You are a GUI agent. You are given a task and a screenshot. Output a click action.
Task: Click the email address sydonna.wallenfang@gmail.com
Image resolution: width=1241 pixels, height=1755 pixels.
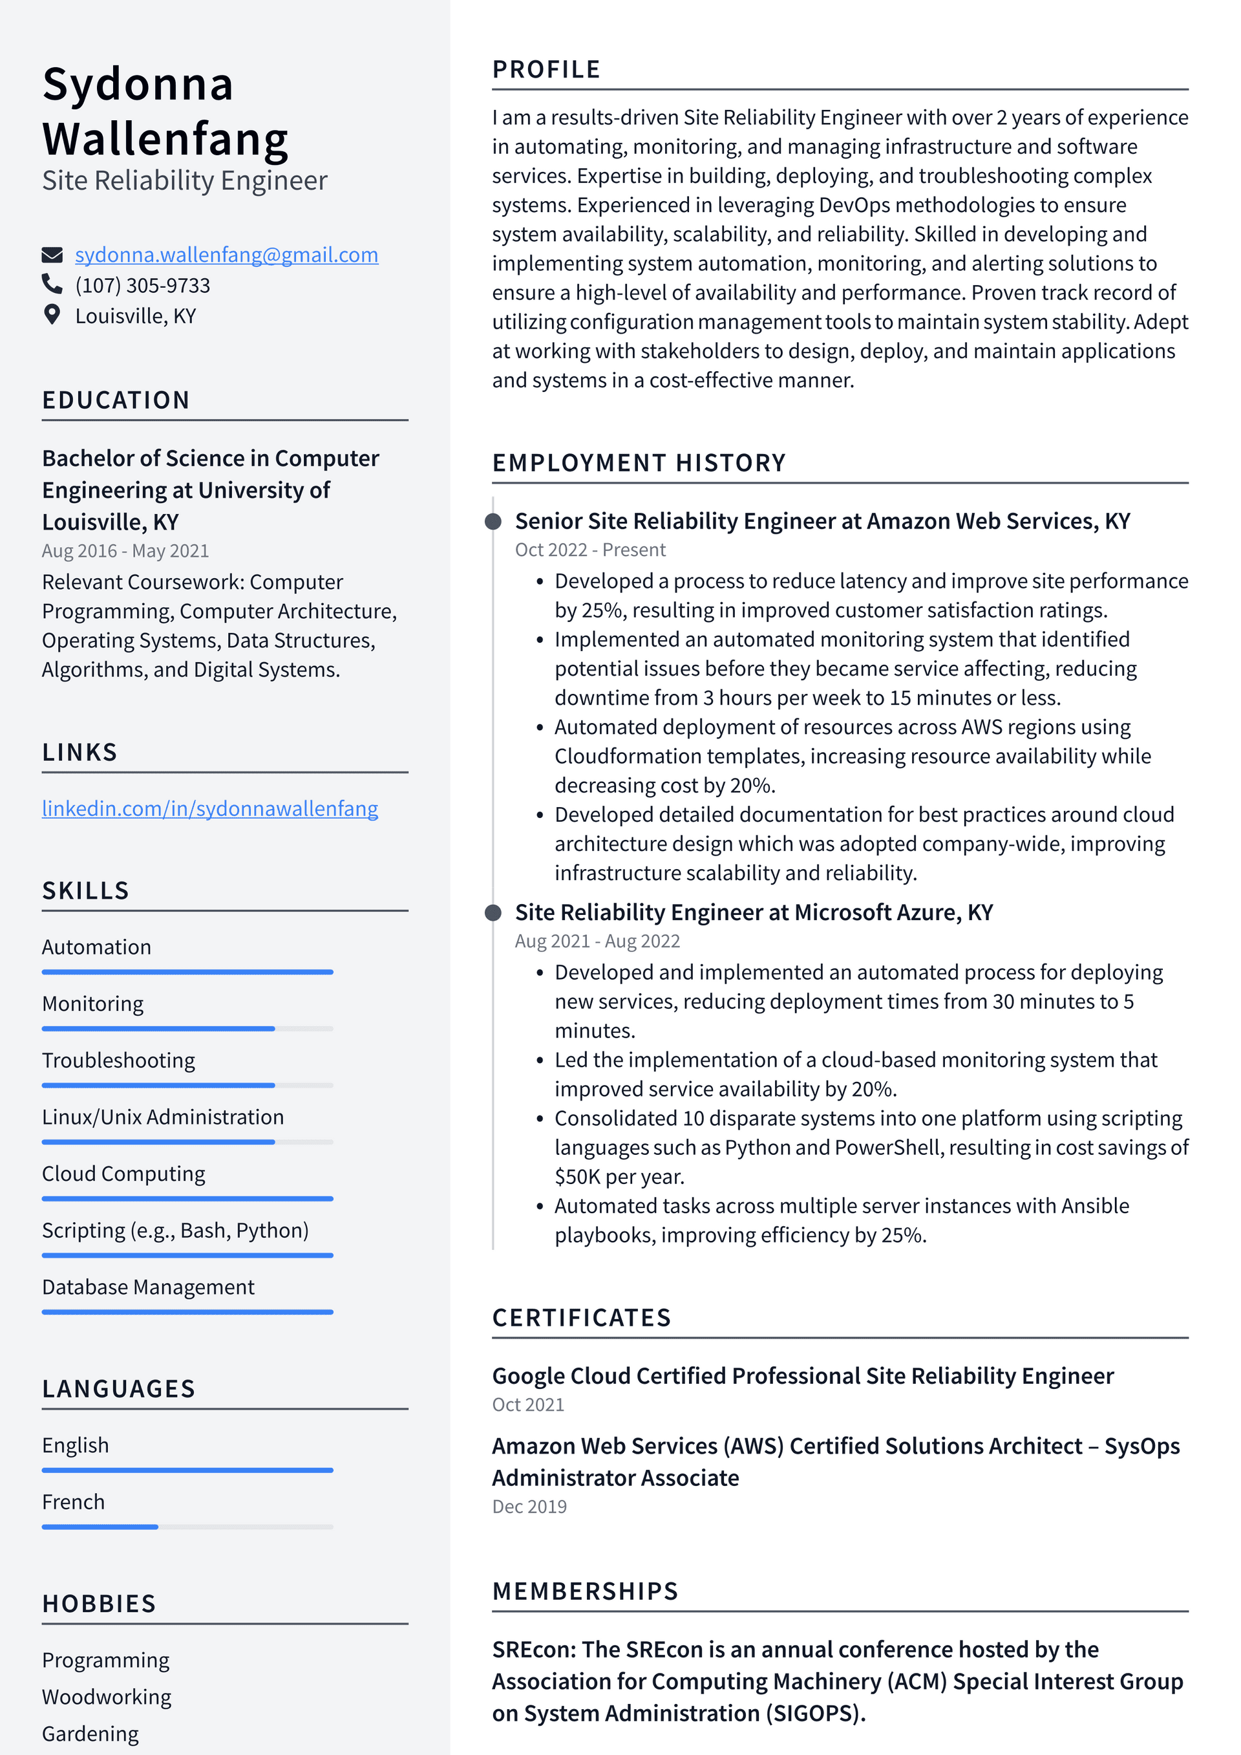coord(226,255)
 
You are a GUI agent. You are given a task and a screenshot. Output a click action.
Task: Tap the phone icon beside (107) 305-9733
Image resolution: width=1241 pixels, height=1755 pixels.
coord(51,285)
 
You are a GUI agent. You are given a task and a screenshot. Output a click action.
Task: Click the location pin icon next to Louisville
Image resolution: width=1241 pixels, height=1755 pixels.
coord(51,315)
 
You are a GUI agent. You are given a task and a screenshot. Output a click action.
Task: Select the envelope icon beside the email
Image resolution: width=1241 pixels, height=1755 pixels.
coord(51,255)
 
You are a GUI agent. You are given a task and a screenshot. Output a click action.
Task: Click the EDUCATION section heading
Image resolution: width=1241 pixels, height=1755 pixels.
coord(116,400)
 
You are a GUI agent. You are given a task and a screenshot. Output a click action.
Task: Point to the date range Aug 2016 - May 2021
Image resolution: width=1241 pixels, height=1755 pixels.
coord(125,550)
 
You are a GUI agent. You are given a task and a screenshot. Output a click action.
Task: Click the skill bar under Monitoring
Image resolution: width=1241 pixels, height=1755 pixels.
coord(187,1029)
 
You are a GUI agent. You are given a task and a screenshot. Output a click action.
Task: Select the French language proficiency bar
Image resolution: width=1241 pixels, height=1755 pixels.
coord(187,1527)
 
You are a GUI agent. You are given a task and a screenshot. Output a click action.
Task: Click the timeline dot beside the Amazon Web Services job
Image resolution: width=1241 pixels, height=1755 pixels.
coord(494,521)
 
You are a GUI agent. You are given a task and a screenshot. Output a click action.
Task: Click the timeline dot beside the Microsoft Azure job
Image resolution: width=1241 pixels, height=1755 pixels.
coord(494,912)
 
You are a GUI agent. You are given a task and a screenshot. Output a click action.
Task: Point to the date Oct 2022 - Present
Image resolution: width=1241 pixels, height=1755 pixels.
coord(590,550)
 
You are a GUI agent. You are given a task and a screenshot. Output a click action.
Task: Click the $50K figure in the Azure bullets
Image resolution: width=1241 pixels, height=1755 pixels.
coord(577,1176)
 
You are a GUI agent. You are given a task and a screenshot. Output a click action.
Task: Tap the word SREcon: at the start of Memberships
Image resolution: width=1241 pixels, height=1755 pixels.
coord(533,1649)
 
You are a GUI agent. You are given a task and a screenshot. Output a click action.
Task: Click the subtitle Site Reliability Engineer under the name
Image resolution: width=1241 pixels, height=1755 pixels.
coord(184,180)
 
